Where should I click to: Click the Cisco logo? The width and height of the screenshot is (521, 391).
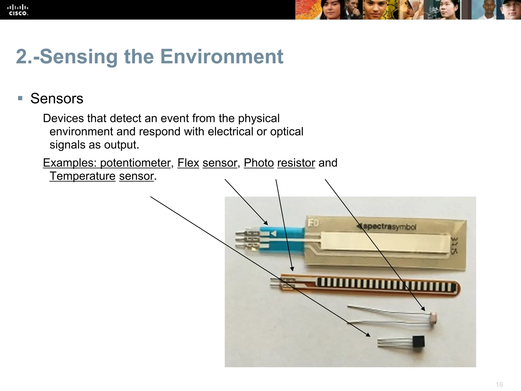tap(18, 10)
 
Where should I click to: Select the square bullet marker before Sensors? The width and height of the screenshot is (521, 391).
tap(20, 98)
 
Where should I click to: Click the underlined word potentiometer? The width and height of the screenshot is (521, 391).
tap(135, 163)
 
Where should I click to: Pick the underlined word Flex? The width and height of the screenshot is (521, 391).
tap(188, 163)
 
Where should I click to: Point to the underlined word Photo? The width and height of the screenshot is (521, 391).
tap(259, 163)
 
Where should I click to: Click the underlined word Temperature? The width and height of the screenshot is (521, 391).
tap(82, 176)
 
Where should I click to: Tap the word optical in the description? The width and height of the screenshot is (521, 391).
tap(287, 132)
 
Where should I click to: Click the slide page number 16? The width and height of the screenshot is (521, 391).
tap(499, 385)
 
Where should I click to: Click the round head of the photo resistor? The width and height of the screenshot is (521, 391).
tap(433, 317)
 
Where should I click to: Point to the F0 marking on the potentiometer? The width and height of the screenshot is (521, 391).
tap(313, 223)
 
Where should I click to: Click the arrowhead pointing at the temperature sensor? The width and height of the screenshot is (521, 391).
tap(368, 335)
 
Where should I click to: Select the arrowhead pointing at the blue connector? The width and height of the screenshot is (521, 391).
tap(266, 223)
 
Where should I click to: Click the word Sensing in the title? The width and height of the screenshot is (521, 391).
tap(79, 57)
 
